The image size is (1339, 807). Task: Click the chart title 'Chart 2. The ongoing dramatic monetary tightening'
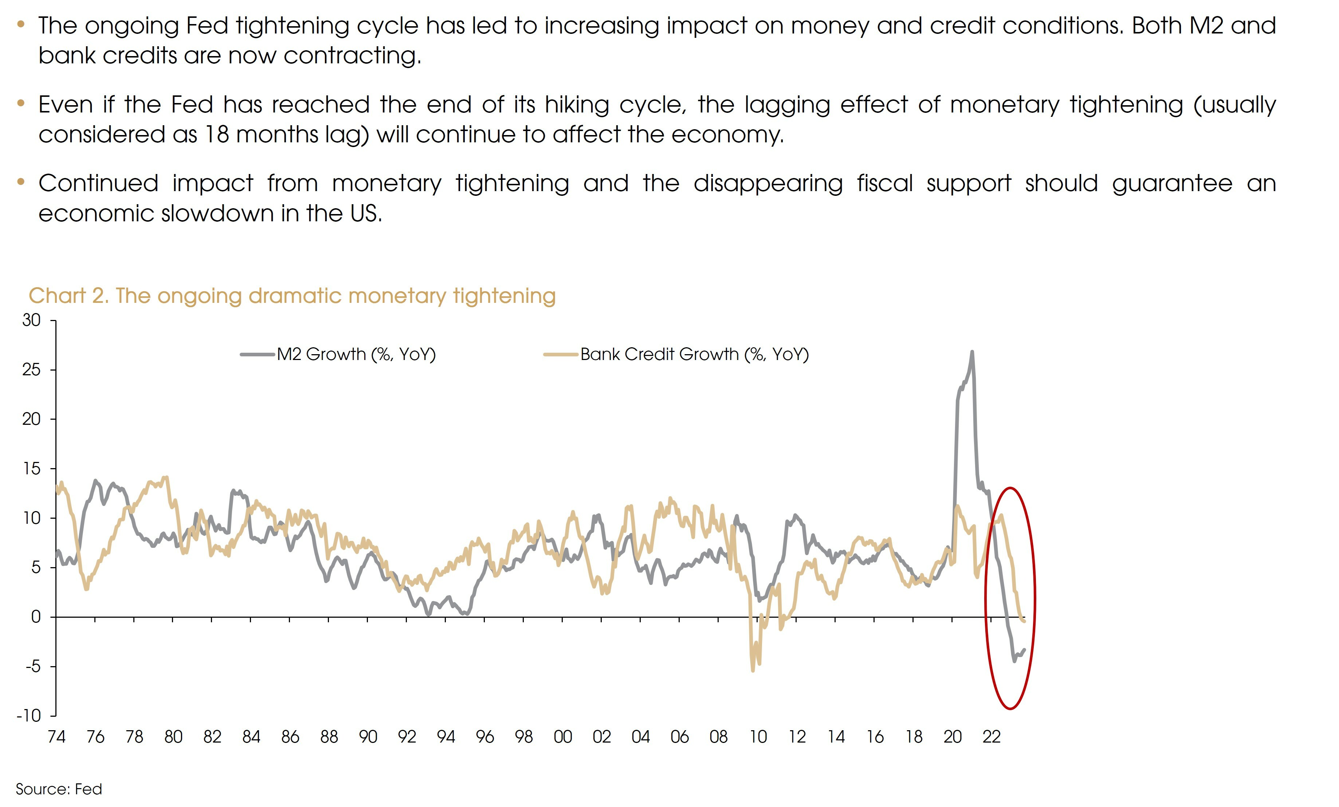pos(292,296)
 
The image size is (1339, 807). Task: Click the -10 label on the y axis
pos(29,716)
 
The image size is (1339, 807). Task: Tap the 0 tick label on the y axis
pos(36,617)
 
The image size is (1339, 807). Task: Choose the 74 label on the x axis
pos(56,737)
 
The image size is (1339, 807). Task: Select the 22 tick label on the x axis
pos(991,737)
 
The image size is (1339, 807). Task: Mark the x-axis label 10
pos(758,737)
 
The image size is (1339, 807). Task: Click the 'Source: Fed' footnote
pos(59,789)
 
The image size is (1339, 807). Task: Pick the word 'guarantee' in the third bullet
pos(1171,183)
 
